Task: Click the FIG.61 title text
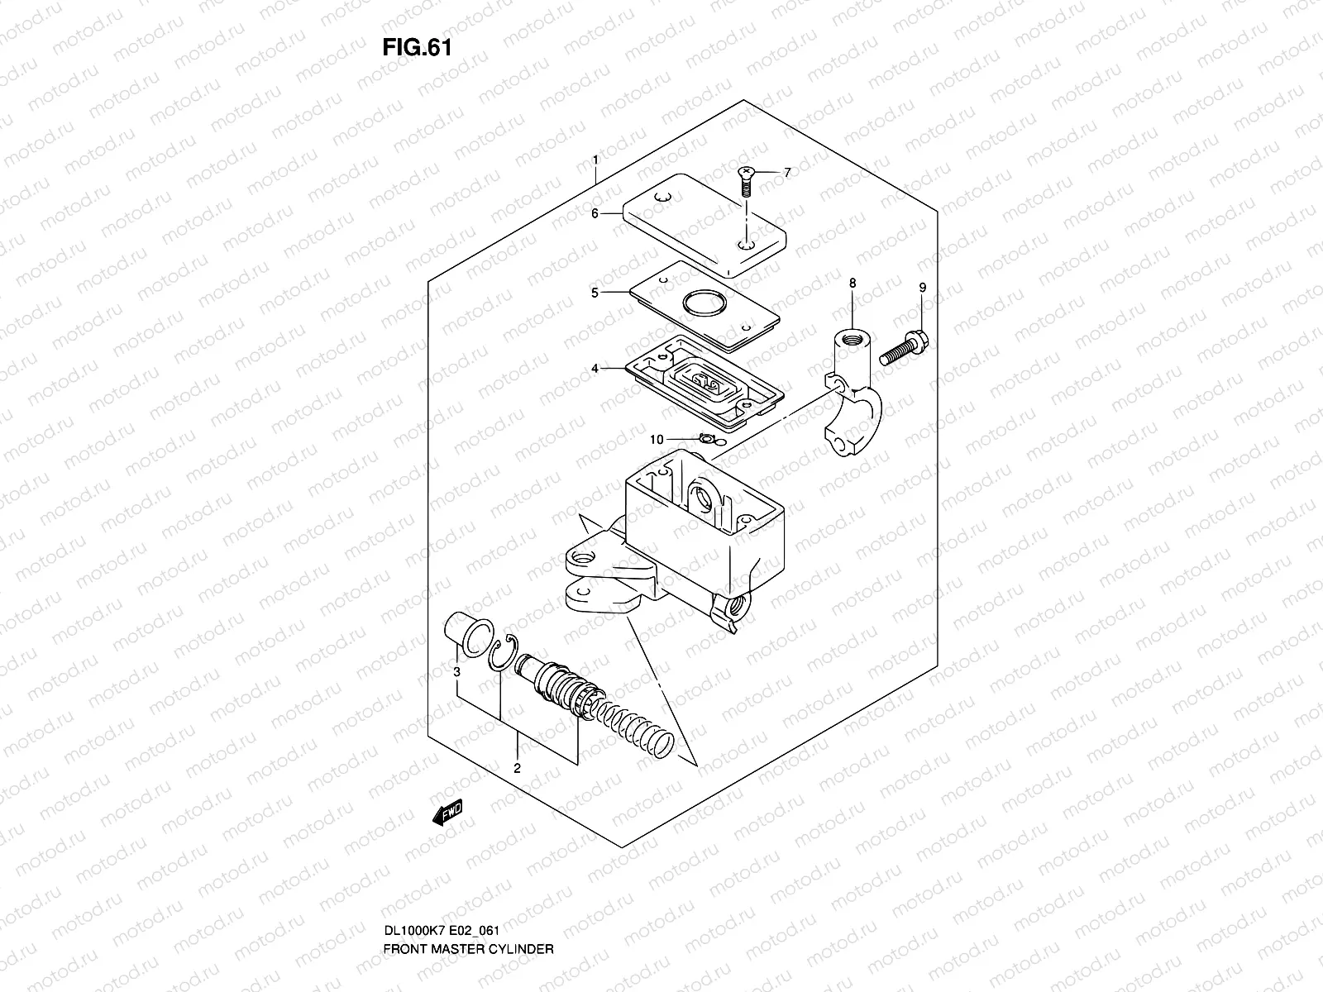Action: coord(417,48)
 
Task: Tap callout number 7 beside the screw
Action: coord(787,172)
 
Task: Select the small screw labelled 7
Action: coord(745,179)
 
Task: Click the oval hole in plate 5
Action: coord(704,302)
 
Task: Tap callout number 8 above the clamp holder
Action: coord(853,283)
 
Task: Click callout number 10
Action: coord(656,440)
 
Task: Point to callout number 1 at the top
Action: coord(594,158)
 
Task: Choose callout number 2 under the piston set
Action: coord(517,768)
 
